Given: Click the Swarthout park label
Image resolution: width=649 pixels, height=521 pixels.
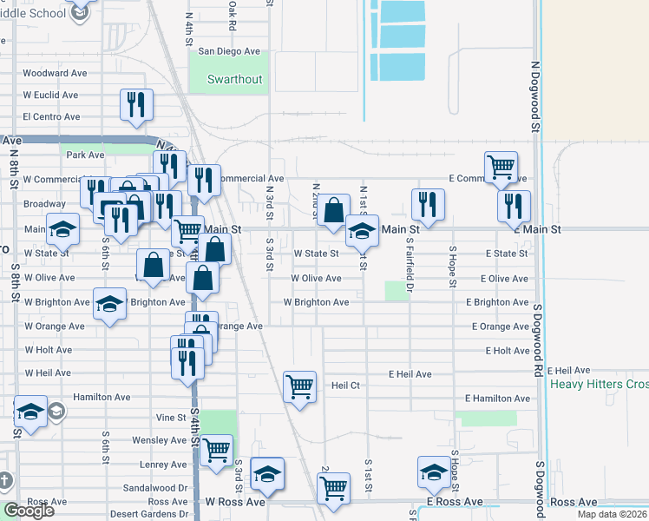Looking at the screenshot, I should coord(234,79).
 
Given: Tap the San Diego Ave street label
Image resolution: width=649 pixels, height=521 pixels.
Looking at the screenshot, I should coord(229,51).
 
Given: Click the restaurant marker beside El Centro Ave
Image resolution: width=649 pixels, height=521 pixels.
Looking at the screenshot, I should coord(137,105).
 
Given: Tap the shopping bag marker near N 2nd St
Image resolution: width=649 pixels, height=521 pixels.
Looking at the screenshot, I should coord(333,210).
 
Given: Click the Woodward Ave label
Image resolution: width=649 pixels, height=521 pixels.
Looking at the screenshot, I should coord(56,73).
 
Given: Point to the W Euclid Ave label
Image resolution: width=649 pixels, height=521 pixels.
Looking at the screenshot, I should coord(51,95).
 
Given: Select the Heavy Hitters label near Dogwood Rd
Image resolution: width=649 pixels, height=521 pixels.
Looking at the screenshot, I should coord(600,384).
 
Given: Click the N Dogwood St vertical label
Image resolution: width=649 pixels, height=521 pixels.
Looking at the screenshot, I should coord(536,96).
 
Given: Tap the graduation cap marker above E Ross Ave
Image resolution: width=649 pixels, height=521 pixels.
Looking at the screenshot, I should coord(434,472).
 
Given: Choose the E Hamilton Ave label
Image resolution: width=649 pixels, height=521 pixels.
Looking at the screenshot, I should coord(497,399).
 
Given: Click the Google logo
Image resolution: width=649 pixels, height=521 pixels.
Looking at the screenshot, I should coord(29,511).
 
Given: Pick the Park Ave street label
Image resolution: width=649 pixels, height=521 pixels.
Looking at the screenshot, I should coord(86,155).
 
